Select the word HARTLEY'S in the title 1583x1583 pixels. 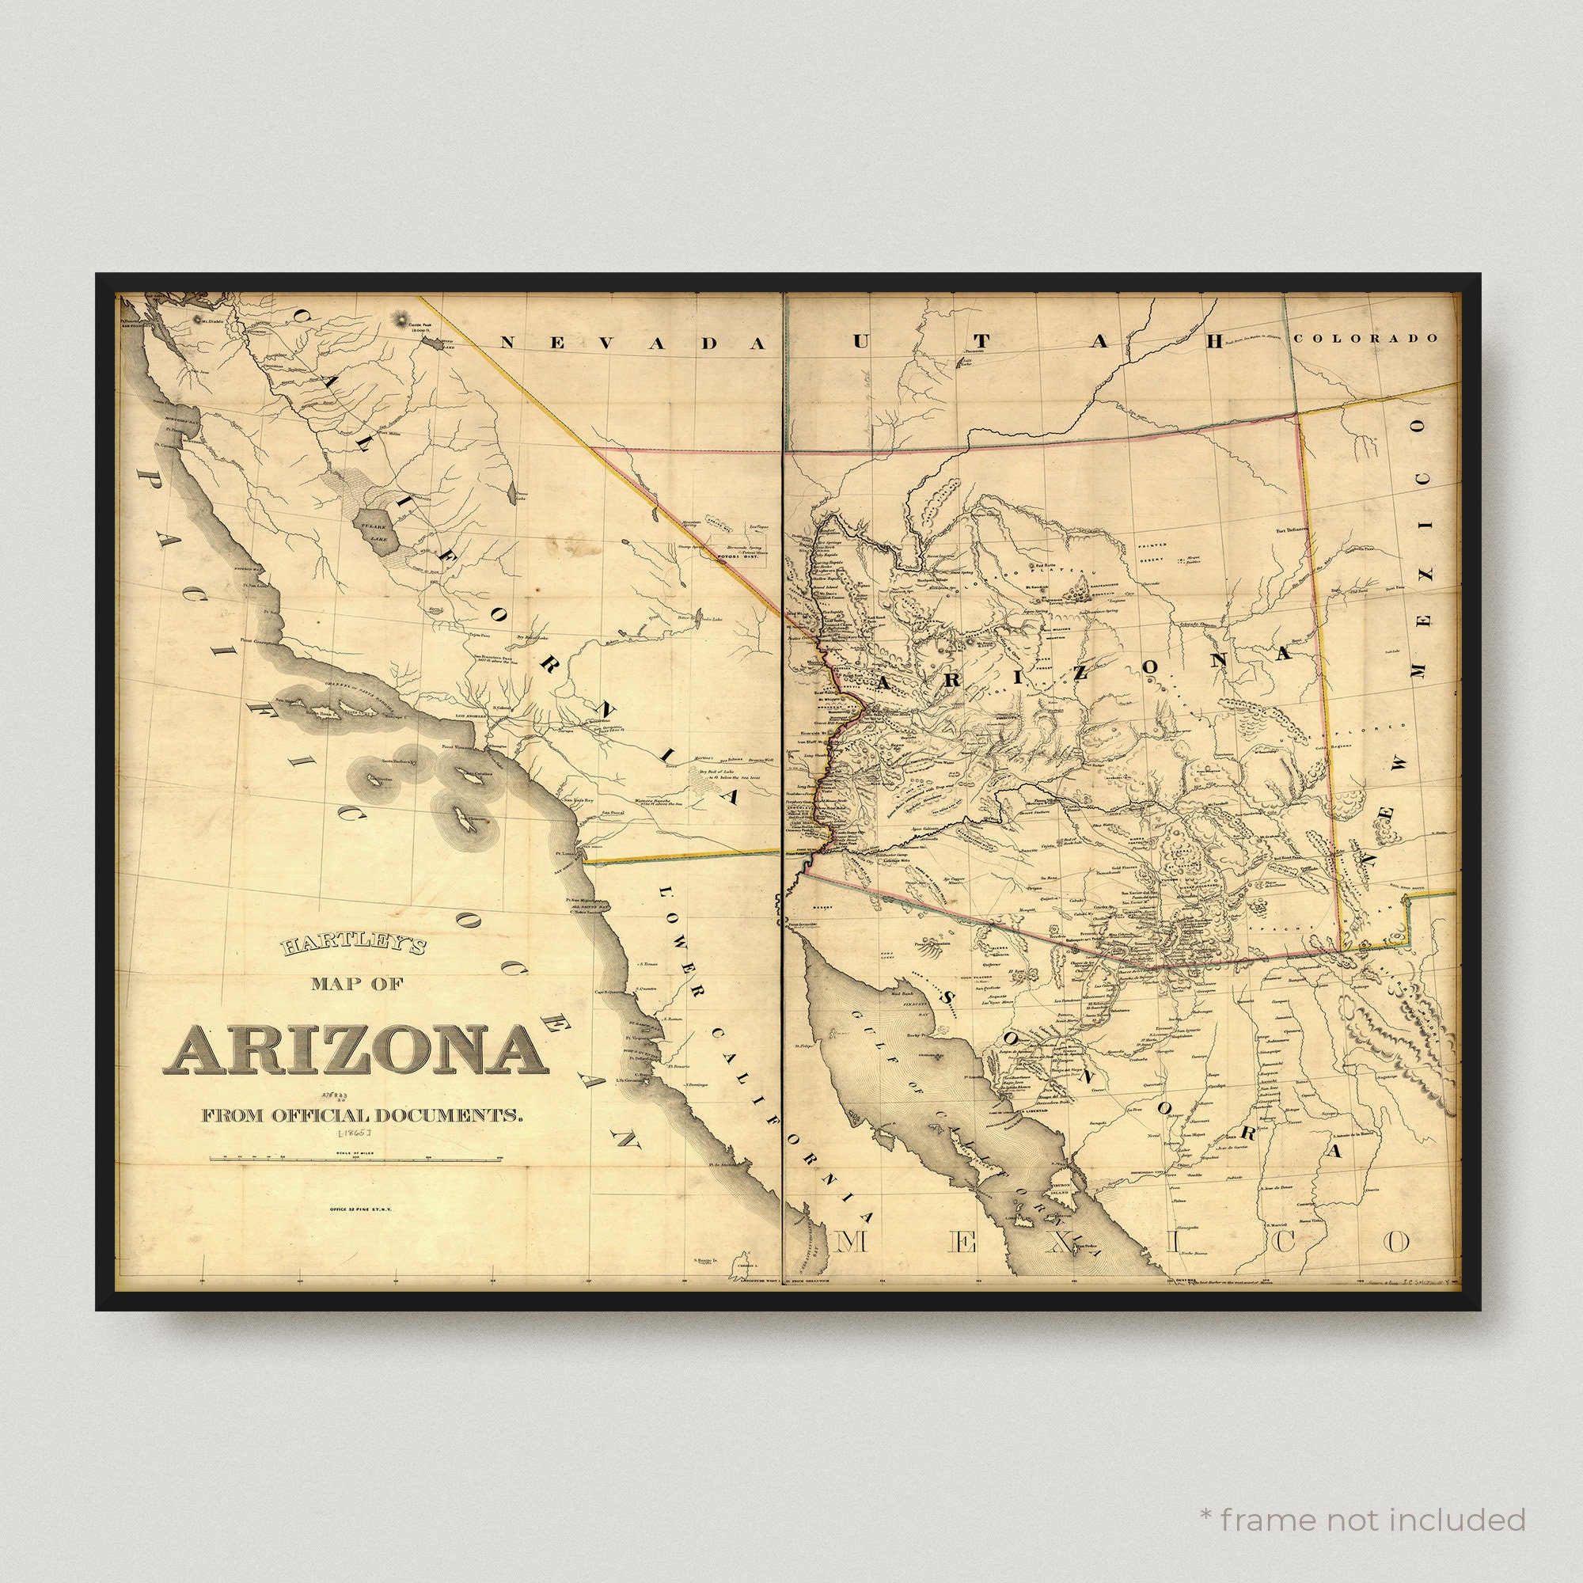click(x=354, y=947)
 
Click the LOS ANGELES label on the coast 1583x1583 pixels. click(x=460, y=716)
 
